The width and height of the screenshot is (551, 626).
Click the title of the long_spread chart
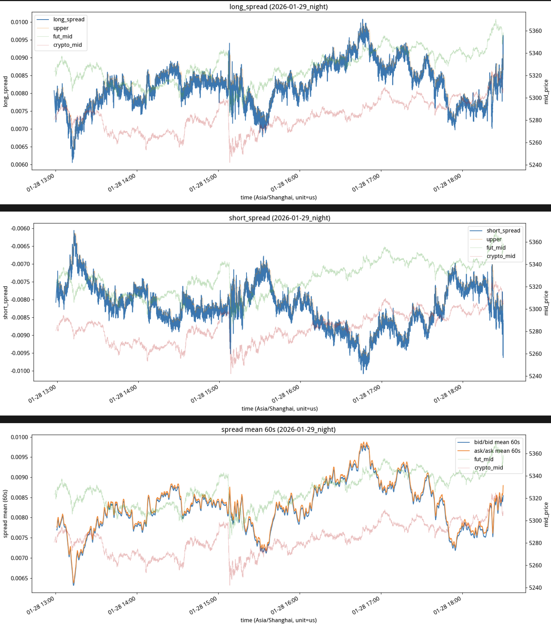278,7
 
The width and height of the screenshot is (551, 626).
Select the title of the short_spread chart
279,218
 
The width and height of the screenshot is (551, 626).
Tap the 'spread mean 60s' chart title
278,429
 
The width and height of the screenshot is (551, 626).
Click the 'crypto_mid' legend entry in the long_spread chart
67,45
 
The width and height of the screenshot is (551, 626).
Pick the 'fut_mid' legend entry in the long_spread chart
63,36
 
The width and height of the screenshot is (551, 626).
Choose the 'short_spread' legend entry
503,230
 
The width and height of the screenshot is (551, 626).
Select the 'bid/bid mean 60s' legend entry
497,442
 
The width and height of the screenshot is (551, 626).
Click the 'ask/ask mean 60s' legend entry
497,451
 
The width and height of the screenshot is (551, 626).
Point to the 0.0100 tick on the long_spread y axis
19,22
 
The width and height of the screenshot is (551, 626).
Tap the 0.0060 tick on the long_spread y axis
19,164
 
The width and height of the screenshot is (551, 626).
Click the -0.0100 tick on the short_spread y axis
20,371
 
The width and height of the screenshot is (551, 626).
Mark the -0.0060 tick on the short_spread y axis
20,229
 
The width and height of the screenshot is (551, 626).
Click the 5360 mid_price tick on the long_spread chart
535,31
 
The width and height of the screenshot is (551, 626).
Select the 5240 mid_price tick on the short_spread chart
535,376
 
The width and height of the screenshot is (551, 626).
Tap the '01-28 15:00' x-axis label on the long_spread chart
203,183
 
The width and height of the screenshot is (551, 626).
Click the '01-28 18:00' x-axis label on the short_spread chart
448,394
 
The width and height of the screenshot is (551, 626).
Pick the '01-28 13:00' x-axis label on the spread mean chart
41,605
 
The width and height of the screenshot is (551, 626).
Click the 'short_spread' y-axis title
5,302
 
